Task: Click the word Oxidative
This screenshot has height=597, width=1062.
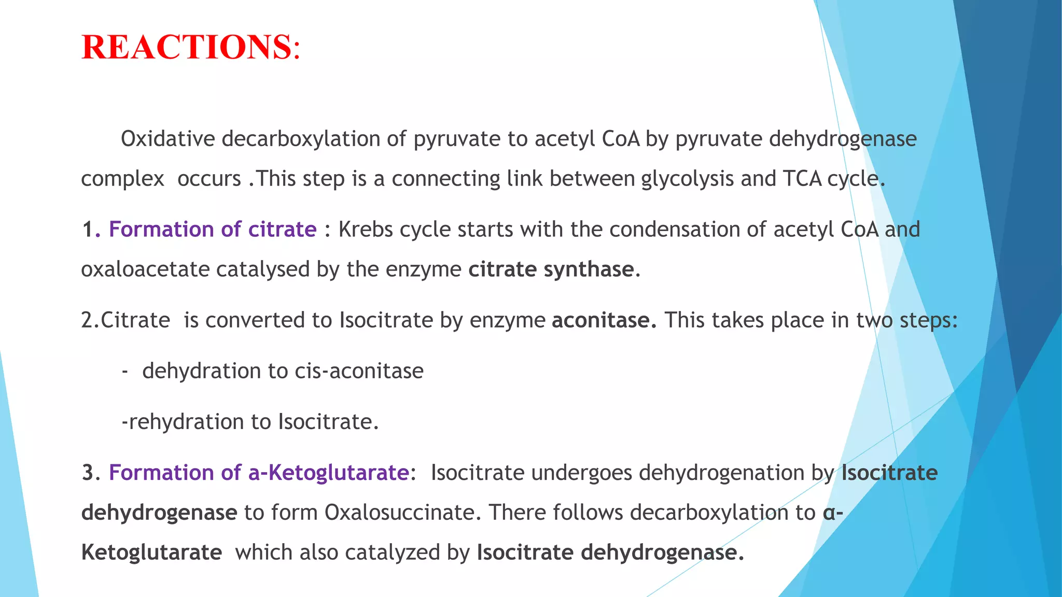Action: [x=167, y=139]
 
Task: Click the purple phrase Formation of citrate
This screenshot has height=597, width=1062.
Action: [x=213, y=229]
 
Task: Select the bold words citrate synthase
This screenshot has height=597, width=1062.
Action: [x=551, y=269]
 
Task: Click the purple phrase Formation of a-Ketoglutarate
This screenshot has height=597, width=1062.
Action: [x=259, y=473]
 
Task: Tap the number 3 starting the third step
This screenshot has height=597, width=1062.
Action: [x=89, y=473]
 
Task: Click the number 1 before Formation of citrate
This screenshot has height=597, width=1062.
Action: [x=88, y=229]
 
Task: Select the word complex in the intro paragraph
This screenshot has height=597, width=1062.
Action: [x=122, y=179]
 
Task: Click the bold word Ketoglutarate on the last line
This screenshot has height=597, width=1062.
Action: [x=151, y=552]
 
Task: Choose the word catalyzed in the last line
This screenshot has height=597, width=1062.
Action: [x=392, y=552]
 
